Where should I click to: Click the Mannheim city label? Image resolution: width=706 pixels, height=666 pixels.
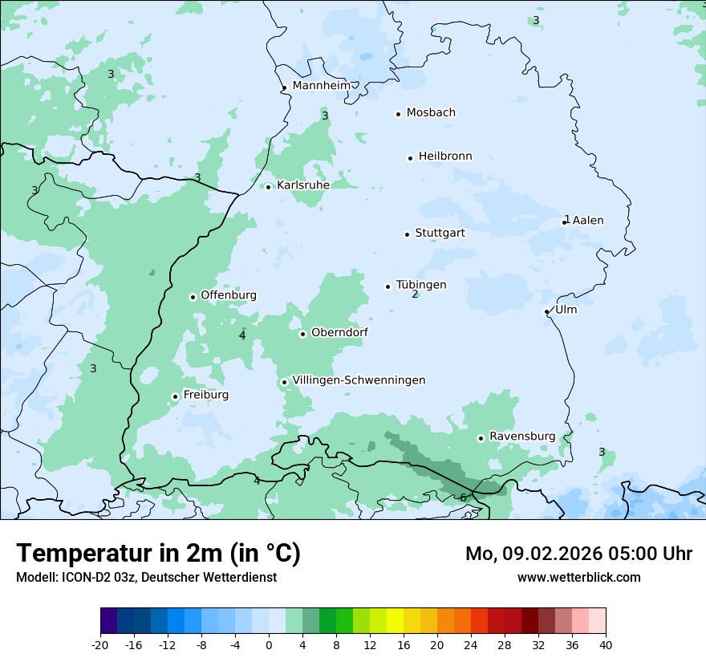(321, 85)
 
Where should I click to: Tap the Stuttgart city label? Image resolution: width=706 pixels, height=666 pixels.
(440, 234)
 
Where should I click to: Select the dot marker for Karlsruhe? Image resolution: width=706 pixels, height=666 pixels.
(269, 187)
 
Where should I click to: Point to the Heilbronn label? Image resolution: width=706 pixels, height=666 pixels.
(445, 156)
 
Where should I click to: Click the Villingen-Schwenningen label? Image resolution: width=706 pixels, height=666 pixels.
(359, 380)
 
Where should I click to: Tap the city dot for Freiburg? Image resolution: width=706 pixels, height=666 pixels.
(175, 396)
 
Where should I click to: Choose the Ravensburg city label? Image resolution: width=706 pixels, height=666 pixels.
(522, 437)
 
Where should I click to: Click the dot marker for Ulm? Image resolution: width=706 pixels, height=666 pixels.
(547, 311)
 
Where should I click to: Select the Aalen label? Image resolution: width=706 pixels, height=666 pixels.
(588, 221)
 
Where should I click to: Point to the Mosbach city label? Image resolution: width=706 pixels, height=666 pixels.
(431, 113)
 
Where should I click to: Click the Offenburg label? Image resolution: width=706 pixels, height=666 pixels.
(229, 295)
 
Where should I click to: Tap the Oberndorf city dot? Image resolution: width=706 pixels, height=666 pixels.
(302, 334)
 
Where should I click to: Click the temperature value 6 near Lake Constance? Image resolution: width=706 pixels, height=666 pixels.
(463, 497)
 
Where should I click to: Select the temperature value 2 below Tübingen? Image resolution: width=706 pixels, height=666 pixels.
(415, 294)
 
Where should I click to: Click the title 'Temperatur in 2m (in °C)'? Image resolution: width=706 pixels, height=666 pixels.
(158, 554)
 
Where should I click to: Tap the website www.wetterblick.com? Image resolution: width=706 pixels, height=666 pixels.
(578, 577)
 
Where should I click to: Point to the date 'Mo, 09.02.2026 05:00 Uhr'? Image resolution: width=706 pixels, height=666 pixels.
(578, 554)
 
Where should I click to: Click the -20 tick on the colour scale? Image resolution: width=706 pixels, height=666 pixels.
(100, 644)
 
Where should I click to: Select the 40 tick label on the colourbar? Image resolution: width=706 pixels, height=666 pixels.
(605, 644)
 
